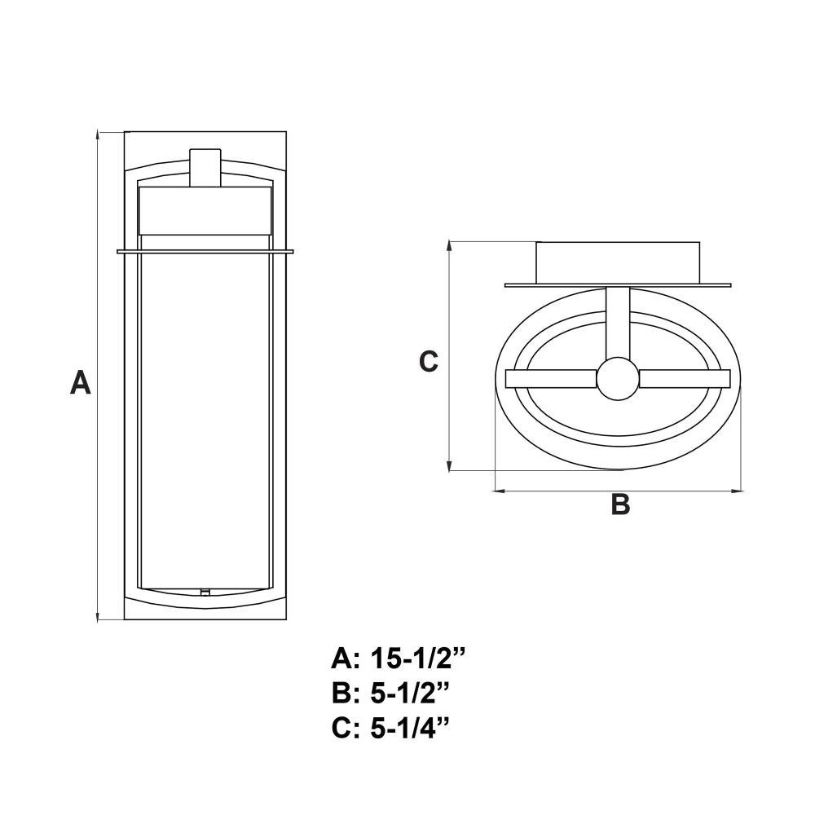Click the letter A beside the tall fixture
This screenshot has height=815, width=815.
click(81, 382)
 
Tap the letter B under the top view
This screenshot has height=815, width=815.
click(620, 504)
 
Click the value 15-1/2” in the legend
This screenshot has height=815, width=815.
click(416, 659)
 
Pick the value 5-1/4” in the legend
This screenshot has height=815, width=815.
click(409, 728)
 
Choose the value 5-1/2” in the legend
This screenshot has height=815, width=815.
click(409, 694)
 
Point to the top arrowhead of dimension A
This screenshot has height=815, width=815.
click(98, 136)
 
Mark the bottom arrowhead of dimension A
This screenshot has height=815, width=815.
click(98, 615)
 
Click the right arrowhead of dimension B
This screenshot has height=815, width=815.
click(738, 490)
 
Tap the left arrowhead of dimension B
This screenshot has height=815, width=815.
click(500, 490)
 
